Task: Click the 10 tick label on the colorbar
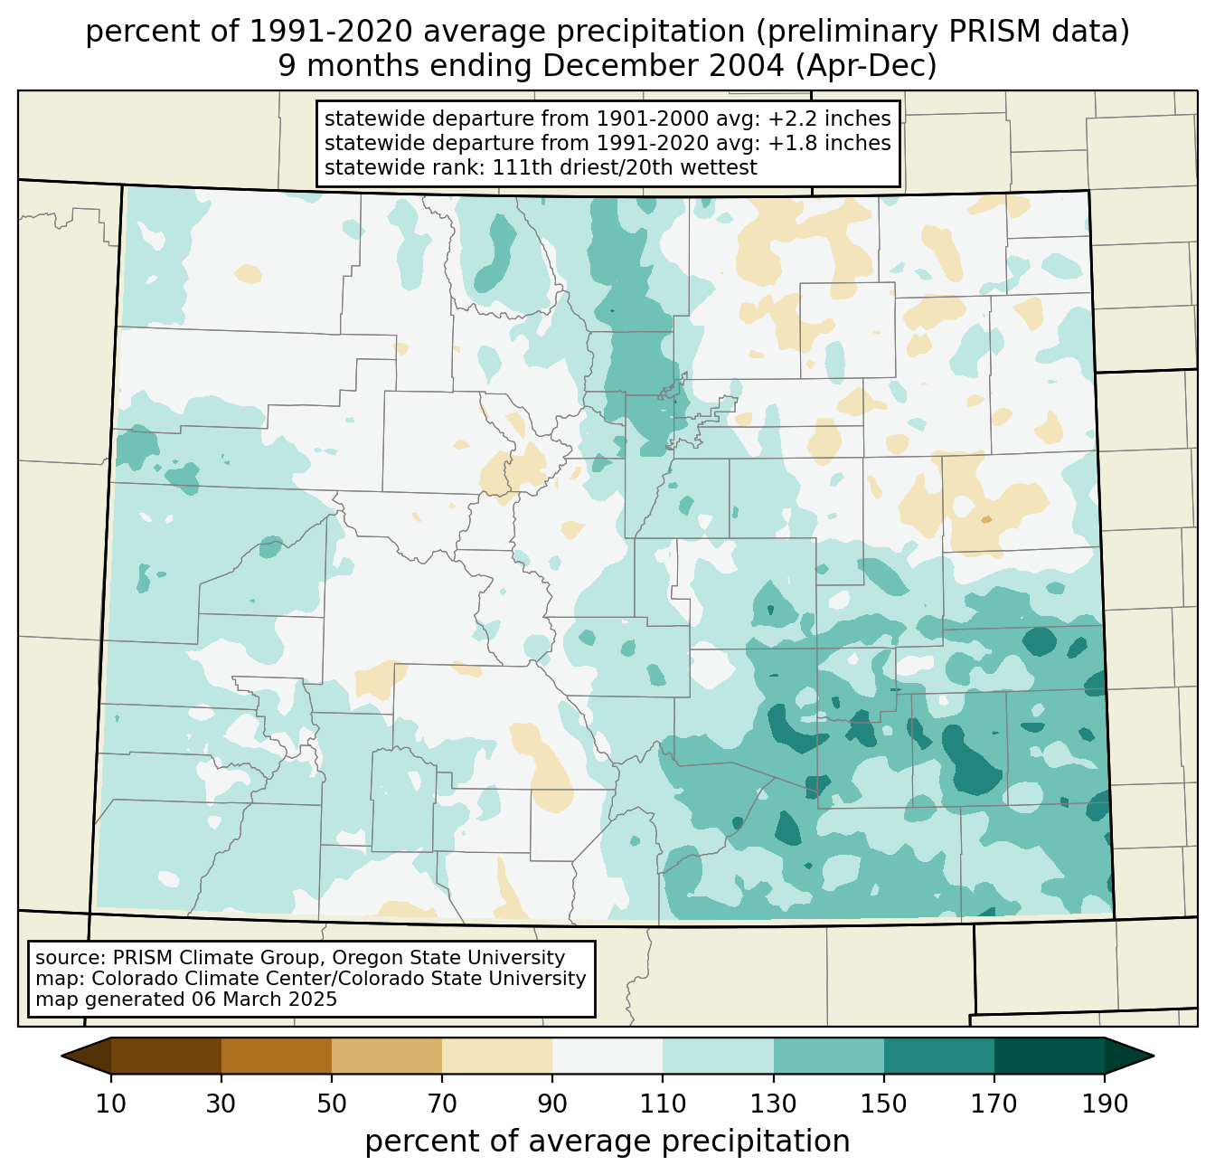(111, 1104)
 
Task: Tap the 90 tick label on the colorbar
(552, 1104)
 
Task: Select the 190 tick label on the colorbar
(1105, 1104)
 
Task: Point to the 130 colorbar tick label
(774, 1104)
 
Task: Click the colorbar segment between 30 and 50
(277, 1056)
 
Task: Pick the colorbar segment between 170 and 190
(1050, 1056)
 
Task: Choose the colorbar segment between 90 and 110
(607, 1056)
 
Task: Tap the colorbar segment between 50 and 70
(387, 1056)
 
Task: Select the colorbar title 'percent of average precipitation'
(607, 1142)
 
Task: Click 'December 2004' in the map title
(645, 66)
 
